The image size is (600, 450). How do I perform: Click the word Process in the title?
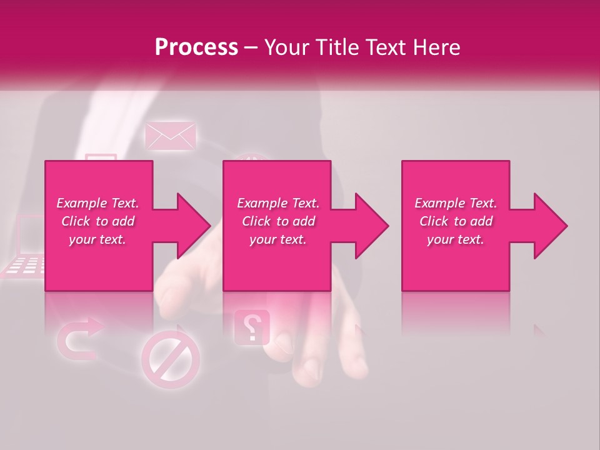(x=196, y=47)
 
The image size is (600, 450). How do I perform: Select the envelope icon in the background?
(x=170, y=136)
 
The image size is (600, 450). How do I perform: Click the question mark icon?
(x=251, y=327)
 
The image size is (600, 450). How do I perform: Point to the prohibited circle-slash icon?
(x=171, y=360)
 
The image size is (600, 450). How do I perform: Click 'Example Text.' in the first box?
(x=97, y=203)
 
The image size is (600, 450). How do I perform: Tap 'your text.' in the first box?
(x=97, y=239)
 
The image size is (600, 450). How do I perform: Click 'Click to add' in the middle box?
(x=278, y=221)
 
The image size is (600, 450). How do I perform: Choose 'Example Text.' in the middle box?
(x=278, y=203)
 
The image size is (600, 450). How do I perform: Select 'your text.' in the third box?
(x=456, y=239)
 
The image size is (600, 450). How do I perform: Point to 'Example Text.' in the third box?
(x=456, y=203)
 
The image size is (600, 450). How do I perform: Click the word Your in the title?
(x=284, y=47)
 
